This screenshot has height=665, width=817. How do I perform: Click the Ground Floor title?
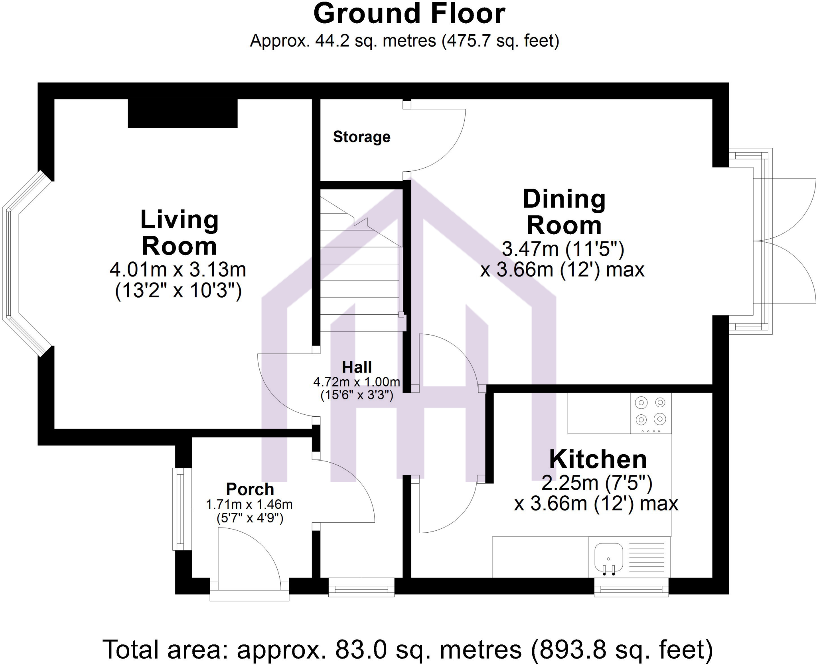(x=409, y=14)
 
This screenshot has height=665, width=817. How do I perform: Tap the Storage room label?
(x=361, y=137)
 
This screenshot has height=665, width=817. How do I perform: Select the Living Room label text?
(x=179, y=233)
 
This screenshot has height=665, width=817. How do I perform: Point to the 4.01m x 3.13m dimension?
(x=178, y=270)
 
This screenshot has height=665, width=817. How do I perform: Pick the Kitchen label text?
(x=598, y=459)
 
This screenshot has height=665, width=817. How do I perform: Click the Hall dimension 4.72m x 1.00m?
(x=357, y=382)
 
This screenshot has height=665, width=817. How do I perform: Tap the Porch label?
(x=250, y=489)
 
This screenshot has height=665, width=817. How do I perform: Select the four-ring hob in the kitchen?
(x=650, y=413)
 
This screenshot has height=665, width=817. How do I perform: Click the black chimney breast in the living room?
(x=182, y=114)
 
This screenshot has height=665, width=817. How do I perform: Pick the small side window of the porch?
(x=180, y=509)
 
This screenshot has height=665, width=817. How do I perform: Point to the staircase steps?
(x=359, y=279)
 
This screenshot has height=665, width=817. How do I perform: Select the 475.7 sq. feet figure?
(x=501, y=41)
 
